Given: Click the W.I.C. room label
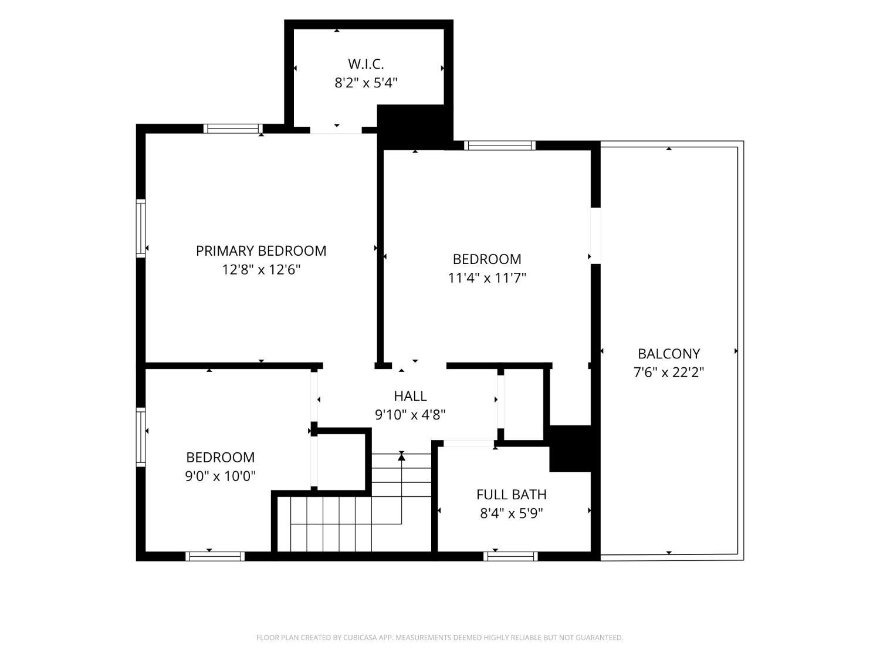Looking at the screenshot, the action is (365, 64).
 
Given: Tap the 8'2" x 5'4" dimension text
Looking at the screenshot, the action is (365, 83).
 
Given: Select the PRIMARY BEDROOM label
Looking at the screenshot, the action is (261, 251).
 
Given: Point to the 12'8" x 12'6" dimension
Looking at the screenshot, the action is (261, 270).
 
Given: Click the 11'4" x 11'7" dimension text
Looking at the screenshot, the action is (487, 277).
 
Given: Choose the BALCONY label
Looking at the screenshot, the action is (669, 353).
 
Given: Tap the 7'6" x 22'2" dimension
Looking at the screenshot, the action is (669, 373).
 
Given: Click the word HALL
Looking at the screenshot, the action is (410, 396).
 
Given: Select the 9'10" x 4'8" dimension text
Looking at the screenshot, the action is (410, 415).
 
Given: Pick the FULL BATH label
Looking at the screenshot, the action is (511, 495).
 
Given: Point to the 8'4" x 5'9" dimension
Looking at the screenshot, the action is (511, 513).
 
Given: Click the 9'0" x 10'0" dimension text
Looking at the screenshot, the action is (220, 476).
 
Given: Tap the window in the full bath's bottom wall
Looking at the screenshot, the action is (510, 556).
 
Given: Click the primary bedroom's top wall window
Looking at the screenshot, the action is (233, 128).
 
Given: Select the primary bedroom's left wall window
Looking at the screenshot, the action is (141, 228).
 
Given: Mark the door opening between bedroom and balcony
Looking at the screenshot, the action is (595, 236).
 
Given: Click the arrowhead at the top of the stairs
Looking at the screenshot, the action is (401, 456).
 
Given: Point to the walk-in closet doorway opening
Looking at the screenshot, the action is (336, 130).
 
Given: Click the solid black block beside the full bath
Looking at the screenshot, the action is (570, 448).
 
